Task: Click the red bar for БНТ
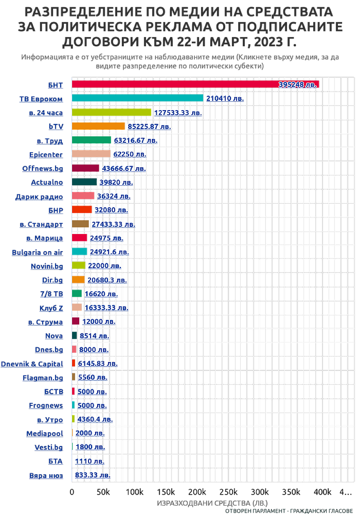click(196, 84)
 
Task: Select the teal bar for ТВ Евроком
click(138, 98)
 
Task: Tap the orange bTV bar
click(99, 126)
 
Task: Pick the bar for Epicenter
click(91, 154)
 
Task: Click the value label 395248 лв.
click(298, 85)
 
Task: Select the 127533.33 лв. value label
click(178, 113)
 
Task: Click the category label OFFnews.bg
click(43, 169)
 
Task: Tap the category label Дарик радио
click(40, 196)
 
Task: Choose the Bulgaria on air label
click(38, 252)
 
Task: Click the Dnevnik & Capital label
click(32, 364)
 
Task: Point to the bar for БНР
click(82, 210)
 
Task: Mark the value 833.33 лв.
click(93, 476)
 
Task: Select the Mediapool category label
click(45, 434)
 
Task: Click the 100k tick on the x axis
click(134, 492)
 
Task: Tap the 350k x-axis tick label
click(291, 492)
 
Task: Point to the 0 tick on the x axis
click(72, 492)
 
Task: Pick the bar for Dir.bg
click(79, 280)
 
